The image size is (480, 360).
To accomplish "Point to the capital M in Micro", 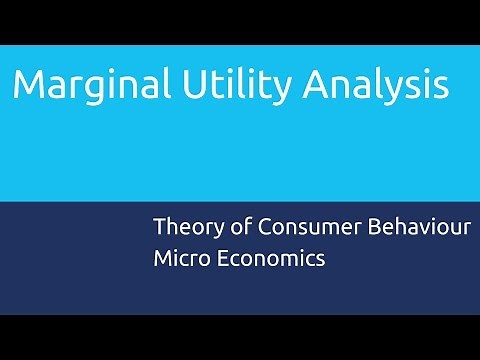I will [163, 257].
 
